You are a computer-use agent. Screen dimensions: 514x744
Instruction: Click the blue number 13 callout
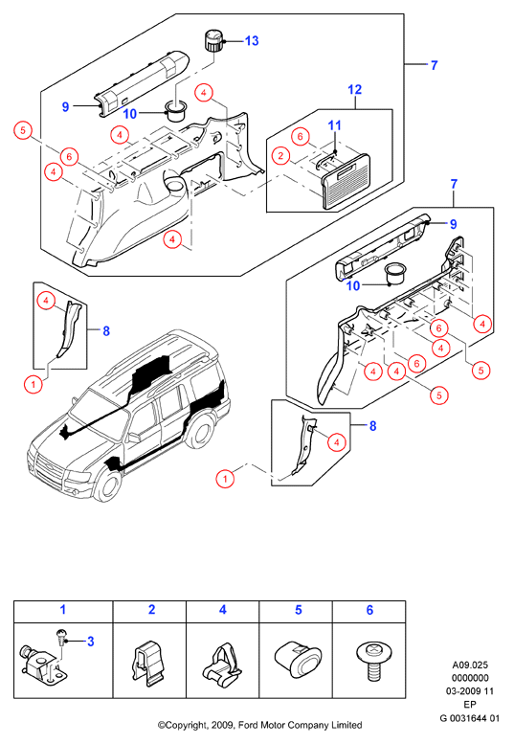click(252, 41)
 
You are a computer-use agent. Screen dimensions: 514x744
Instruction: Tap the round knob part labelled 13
click(213, 40)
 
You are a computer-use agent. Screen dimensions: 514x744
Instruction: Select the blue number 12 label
click(355, 89)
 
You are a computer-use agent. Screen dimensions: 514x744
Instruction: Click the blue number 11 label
click(335, 125)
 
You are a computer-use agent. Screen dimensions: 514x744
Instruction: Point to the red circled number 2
click(280, 155)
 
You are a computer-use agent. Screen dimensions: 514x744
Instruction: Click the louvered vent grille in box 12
click(346, 181)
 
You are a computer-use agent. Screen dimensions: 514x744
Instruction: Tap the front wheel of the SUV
click(107, 484)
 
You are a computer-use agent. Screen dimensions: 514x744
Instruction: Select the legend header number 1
click(63, 610)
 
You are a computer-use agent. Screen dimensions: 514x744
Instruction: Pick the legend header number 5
click(299, 610)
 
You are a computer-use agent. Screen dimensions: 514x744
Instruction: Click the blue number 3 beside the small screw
click(91, 642)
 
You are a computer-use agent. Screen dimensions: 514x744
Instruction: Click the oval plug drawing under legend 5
click(298, 659)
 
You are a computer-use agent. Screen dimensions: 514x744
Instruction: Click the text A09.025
click(470, 665)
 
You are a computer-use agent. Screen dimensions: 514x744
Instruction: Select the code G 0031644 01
click(469, 718)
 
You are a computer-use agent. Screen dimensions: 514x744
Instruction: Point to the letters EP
click(470, 705)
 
